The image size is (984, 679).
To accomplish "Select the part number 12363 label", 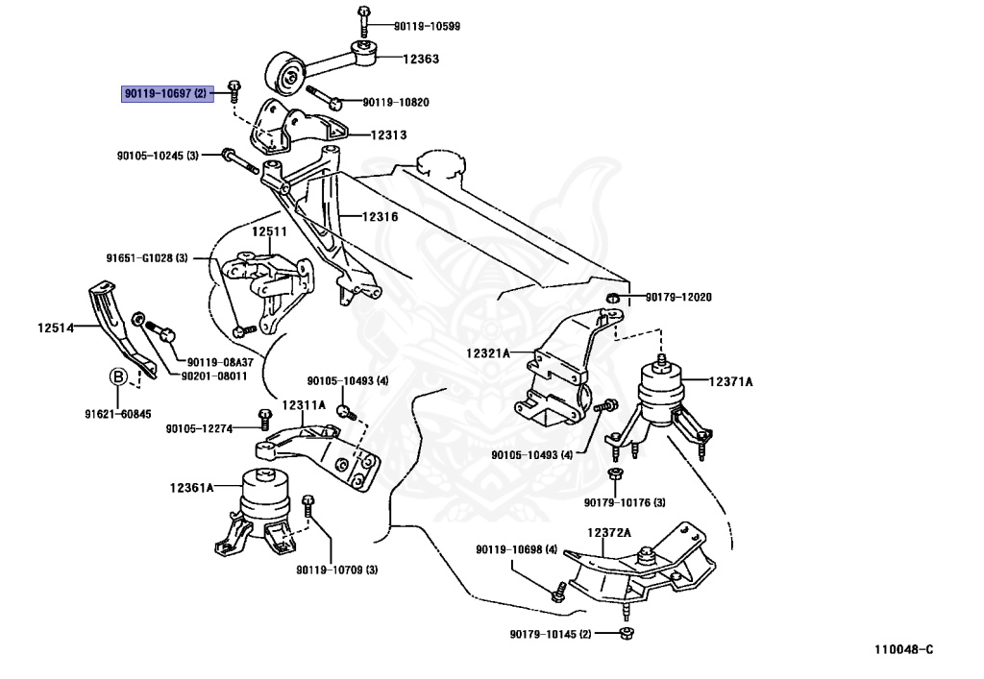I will click(x=421, y=60).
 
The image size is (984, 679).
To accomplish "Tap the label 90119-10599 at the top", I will click(x=427, y=26).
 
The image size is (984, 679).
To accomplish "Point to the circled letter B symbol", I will click(x=118, y=376).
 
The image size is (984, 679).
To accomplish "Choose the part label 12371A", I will click(x=731, y=381).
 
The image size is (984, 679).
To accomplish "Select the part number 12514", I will click(x=56, y=328).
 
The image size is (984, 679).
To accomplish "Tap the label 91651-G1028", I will click(x=147, y=257).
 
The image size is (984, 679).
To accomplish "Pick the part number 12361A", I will click(x=192, y=488).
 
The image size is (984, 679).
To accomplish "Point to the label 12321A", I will click(x=491, y=354).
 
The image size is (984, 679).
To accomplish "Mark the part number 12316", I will click(x=379, y=217).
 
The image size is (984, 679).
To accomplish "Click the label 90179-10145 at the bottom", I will click(x=551, y=634).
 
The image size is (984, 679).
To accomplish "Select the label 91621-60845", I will click(x=119, y=414).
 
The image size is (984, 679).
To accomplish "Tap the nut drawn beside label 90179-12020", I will click(x=612, y=297).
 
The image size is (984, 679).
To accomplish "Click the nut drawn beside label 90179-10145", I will click(x=627, y=632).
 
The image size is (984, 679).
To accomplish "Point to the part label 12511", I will click(x=269, y=231).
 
